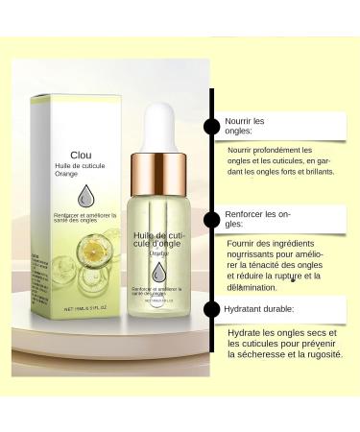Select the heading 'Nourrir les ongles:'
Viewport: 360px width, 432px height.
click(245, 127)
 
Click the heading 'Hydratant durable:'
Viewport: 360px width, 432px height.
click(259, 309)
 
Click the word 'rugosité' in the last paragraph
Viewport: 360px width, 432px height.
click(321, 354)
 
